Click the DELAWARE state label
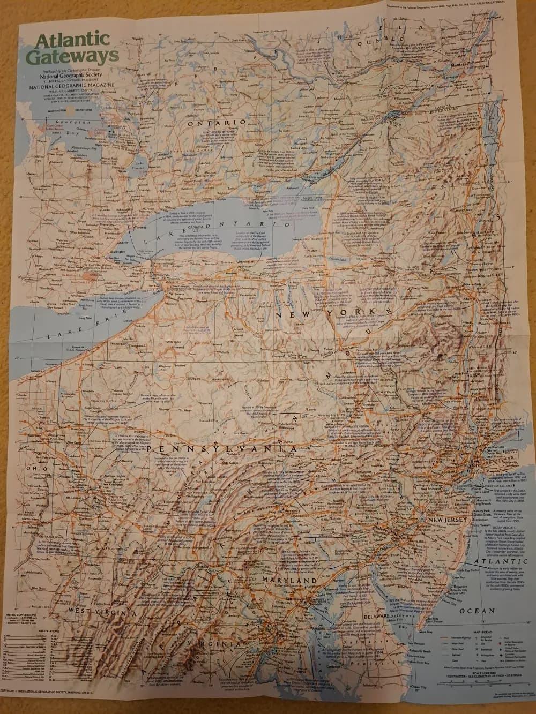390,617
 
